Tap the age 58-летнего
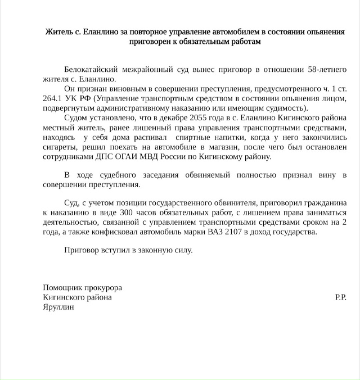pos(327,69)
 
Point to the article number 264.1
pos(54,98)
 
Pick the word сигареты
pos(60,147)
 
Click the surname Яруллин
pos(58,307)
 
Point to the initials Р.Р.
pos(340,297)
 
